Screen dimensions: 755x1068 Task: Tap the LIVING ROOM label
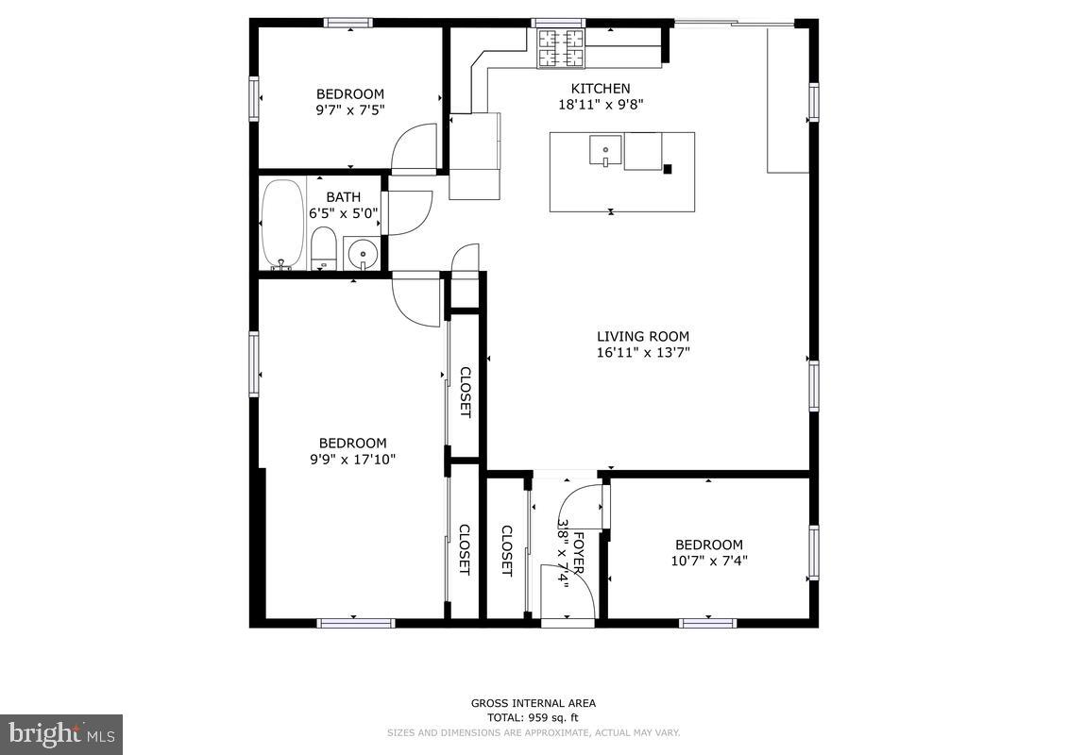[643, 336]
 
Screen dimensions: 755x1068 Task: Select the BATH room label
[343, 197]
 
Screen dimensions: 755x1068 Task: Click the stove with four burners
[561, 49]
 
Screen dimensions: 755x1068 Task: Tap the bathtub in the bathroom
[282, 224]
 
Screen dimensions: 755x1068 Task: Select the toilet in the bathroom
[323, 248]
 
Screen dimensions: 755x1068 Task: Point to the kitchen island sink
[605, 151]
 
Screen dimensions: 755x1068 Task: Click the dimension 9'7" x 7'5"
[349, 109]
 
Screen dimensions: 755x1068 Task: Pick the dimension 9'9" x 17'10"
[352, 460]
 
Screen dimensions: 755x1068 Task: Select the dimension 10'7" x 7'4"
[708, 561]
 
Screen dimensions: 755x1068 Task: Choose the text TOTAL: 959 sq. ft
[534, 718]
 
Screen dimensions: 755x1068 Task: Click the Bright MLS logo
[61, 733]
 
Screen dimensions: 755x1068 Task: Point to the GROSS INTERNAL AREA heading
[534, 703]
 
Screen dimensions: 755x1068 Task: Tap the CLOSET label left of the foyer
[506, 550]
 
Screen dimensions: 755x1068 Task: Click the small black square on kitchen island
[668, 169]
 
